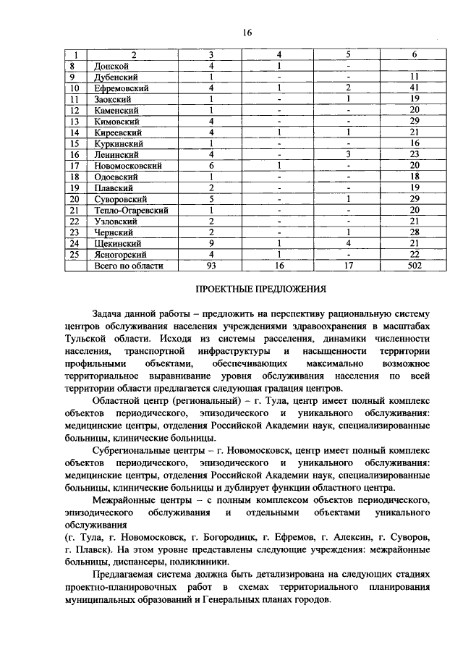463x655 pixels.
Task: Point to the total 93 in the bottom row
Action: [x=211, y=266]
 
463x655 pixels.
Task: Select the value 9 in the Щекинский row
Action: [x=211, y=243]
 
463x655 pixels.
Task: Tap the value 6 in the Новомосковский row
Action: [x=211, y=166]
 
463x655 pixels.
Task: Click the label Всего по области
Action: [x=129, y=266]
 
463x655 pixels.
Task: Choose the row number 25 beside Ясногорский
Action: [x=74, y=255]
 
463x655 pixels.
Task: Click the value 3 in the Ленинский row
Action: [x=348, y=154]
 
